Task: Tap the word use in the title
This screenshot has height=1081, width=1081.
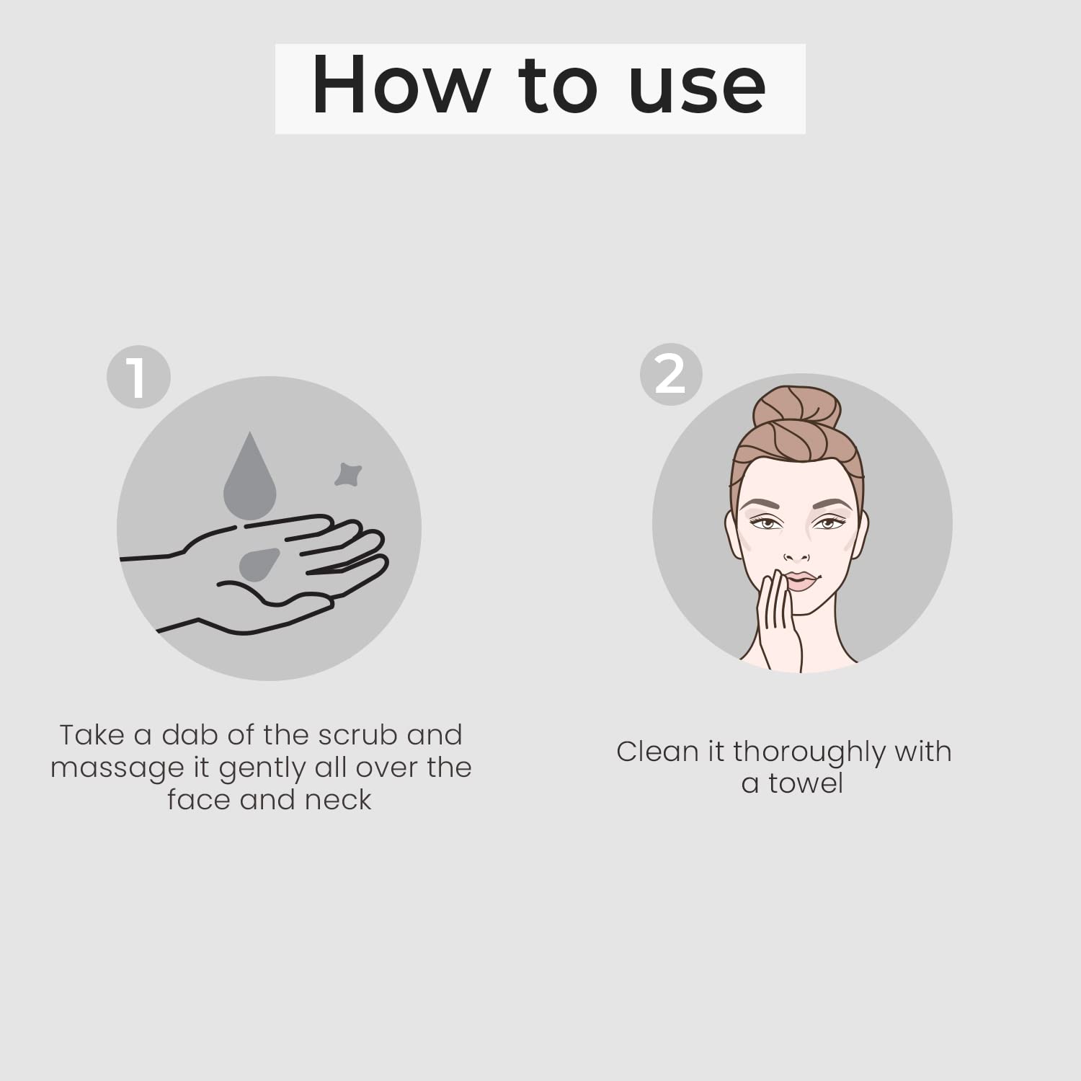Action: click(697, 89)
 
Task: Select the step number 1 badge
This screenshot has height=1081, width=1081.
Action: click(138, 377)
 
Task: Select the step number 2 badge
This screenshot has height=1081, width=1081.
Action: click(671, 374)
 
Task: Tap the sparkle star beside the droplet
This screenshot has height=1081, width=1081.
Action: click(347, 474)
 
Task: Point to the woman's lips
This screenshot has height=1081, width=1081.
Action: click(801, 581)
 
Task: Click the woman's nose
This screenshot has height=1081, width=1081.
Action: click(796, 551)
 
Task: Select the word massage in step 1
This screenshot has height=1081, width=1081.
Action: click(117, 768)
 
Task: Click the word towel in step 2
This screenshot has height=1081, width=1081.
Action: click(806, 783)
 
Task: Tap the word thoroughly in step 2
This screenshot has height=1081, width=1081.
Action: click(810, 753)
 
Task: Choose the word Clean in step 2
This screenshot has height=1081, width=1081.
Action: click(658, 752)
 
